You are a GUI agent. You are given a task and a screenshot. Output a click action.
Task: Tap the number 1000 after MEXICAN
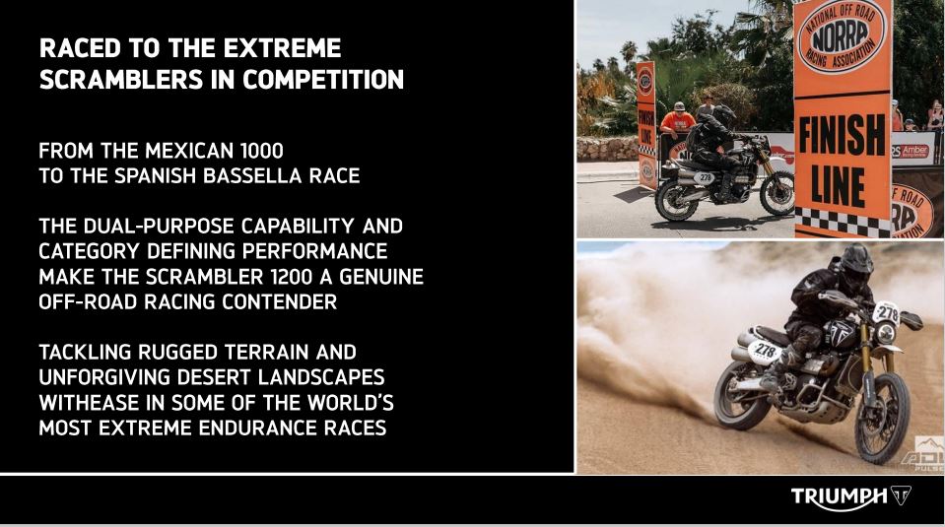[x=261, y=150]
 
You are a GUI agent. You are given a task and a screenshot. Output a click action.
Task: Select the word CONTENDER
[x=279, y=301]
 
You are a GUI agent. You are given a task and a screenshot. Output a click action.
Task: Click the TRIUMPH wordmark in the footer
[x=839, y=496]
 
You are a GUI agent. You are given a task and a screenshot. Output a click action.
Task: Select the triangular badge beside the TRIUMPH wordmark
[x=901, y=495]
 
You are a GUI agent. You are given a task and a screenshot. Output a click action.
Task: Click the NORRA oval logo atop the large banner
[x=842, y=37]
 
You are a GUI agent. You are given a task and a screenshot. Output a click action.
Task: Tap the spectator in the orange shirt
[x=678, y=120]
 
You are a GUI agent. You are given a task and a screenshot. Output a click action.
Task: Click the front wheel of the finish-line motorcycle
[x=777, y=193]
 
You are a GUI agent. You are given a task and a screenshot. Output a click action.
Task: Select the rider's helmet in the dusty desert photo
[x=855, y=261]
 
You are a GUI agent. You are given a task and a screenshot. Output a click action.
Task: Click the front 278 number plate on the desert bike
[x=886, y=313]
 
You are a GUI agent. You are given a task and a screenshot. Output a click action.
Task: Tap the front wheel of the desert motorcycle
[x=882, y=418]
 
